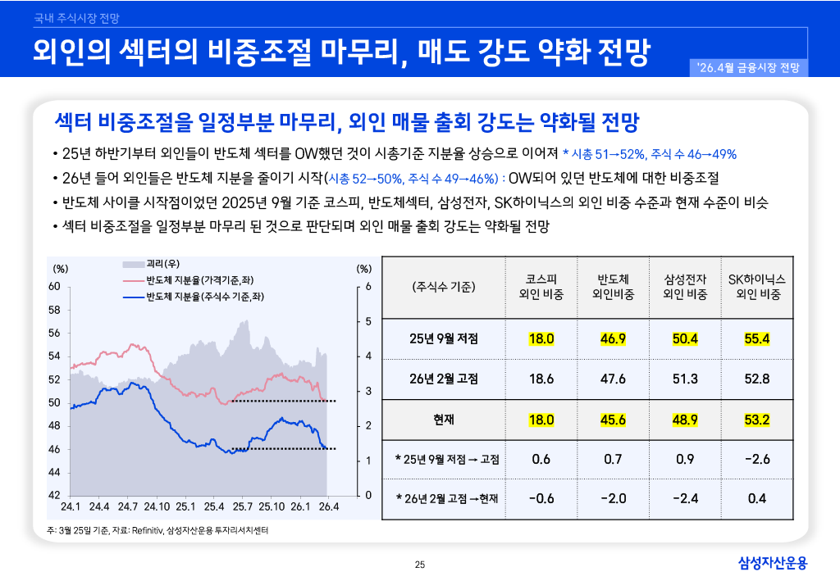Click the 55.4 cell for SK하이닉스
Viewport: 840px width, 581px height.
coord(756,338)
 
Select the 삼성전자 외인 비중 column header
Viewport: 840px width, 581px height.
coord(685,287)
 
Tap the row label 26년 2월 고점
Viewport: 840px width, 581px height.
coord(444,379)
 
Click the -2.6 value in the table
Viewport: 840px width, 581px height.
coord(756,459)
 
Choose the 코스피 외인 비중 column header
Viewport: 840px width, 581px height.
coord(541,287)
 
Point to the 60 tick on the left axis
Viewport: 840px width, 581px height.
coord(54,286)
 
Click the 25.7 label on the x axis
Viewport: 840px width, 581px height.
coord(242,507)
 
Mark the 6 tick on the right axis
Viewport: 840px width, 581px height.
coord(368,286)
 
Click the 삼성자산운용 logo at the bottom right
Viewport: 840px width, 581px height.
coord(773,563)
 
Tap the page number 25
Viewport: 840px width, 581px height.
coord(420,564)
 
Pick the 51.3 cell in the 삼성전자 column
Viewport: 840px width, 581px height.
coord(685,379)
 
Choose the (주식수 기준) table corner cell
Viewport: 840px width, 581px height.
coord(444,287)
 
